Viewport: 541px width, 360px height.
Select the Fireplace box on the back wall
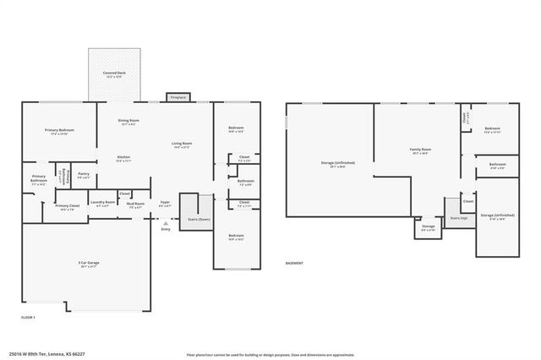178,97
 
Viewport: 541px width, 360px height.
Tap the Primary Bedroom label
60,130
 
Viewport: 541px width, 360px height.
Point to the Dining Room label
128,121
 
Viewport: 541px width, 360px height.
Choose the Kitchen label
123,157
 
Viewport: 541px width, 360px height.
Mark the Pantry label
84,174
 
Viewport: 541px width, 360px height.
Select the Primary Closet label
68,205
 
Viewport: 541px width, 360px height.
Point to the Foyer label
166,202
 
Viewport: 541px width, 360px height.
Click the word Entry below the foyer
166,228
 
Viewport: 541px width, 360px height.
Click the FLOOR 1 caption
29,316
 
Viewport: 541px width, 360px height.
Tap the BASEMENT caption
294,263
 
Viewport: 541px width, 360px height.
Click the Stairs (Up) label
458,218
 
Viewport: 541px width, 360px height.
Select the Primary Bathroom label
39,178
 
